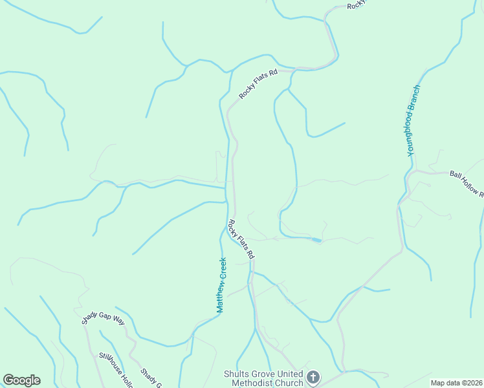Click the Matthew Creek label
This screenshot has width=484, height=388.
(x=221, y=285)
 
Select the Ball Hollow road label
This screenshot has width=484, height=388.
(x=466, y=183)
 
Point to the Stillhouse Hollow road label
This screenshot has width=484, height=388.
(x=115, y=369)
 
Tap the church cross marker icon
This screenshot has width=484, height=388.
(x=313, y=377)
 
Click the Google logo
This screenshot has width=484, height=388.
(x=21, y=380)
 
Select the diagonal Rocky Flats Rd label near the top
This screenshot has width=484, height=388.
(x=258, y=84)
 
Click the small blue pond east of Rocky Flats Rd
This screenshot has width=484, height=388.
(x=316, y=241)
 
